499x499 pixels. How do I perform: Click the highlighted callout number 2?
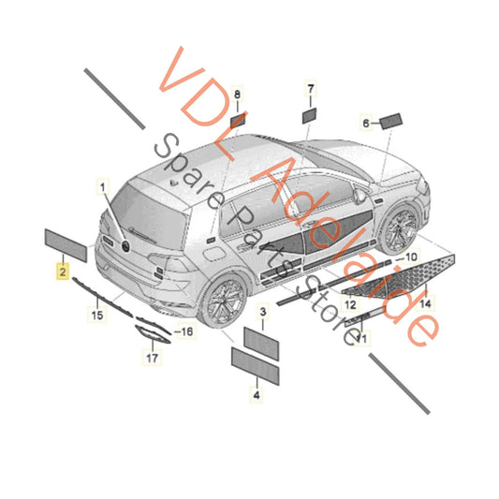62,272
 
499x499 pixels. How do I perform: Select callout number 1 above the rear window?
102,188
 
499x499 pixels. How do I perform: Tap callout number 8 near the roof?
237,95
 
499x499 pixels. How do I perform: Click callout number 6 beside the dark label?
367,122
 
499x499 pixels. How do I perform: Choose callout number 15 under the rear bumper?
95,317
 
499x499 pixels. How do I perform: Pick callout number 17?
151,357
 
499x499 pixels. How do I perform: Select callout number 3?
263,310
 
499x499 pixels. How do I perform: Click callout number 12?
349,305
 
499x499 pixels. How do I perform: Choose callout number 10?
408,256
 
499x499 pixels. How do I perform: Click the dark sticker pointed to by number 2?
66,245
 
